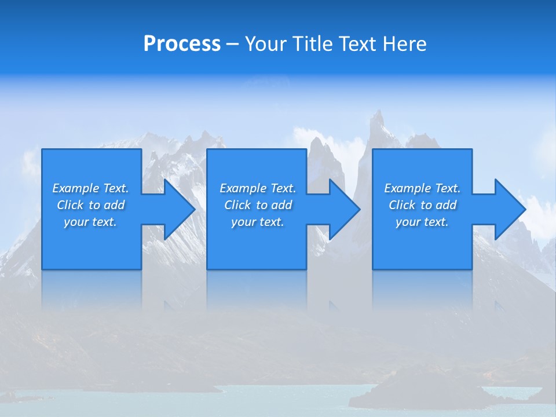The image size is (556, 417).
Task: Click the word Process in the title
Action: pyautogui.click(x=182, y=44)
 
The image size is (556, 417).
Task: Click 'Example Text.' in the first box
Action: pyautogui.click(x=90, y=188)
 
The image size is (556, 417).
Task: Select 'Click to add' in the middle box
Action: pyautogui.click(x=258, y=205)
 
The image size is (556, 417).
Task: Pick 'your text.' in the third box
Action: pyautogui.click(x=422, y=222)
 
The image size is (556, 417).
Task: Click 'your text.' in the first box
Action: pyautogui.click(x=90, y=222)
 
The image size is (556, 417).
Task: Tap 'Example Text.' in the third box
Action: pyautogui.click(x=422, y=188)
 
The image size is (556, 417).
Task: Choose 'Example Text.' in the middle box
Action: pyautogui.click(x=258, y=188)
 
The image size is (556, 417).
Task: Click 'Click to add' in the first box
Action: pyautogui.click(x=90, y=205)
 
